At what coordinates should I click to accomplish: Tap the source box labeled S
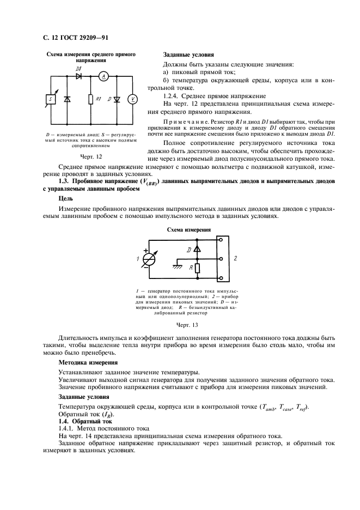(50, 99)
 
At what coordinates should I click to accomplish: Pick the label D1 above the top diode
(78, 70)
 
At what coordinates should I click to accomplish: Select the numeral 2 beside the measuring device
(235, 259)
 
